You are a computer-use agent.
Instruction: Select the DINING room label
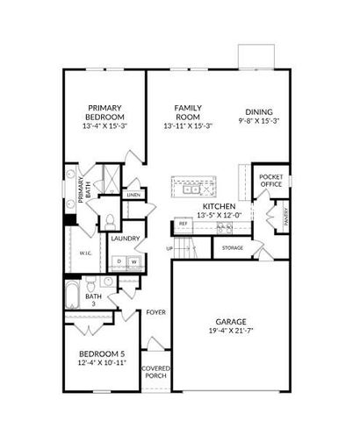[259, 111]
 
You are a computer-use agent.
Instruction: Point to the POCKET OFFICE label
[270, 181]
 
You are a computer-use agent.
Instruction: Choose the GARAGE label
[232, 321]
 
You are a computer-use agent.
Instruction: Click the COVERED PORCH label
[156, 372]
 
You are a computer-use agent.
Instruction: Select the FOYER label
[155, 310]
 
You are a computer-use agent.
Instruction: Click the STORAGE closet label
[233, 248]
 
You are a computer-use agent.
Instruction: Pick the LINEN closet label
[133, 195]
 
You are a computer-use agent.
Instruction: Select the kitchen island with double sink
[194, 188]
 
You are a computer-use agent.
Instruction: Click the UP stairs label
[169, 248]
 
